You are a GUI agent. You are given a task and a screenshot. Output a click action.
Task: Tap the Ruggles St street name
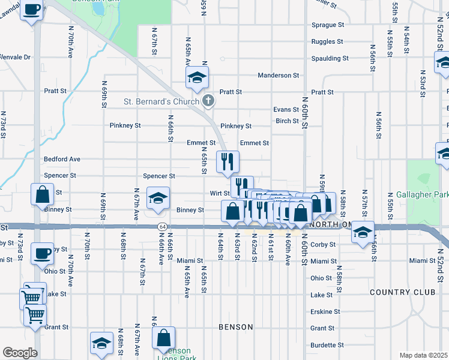click(327, 42)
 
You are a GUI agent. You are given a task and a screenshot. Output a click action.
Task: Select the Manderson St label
click(278, 76)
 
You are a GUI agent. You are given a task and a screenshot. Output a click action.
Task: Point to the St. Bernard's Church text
click(161, 101)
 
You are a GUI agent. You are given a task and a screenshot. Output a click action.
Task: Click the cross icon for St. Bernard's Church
click(208, 101)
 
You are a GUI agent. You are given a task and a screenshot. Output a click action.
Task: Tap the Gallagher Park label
click(422, 195)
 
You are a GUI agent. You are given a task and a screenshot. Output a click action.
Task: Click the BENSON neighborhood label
click(235, 327)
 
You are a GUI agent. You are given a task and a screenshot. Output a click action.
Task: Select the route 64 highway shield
click(163, 227)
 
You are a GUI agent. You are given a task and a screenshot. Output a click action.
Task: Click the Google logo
click(20, 352)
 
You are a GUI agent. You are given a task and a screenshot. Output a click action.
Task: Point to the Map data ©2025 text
click(423, 355)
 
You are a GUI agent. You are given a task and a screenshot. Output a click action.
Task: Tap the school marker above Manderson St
click(196, 78)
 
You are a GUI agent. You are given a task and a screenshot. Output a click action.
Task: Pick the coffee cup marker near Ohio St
click(41, 253)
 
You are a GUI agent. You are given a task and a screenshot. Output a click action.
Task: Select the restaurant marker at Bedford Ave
click(228, 161)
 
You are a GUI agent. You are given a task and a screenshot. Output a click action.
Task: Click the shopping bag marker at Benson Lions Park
click(164, 338)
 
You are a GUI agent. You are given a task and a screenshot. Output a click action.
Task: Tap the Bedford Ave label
click(62, 160)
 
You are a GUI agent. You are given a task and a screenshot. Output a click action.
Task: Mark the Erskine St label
click(325, 312)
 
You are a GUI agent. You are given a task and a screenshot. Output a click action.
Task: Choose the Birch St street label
click(288, 121)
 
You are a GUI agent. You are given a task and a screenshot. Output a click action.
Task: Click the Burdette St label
click(327, 346)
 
